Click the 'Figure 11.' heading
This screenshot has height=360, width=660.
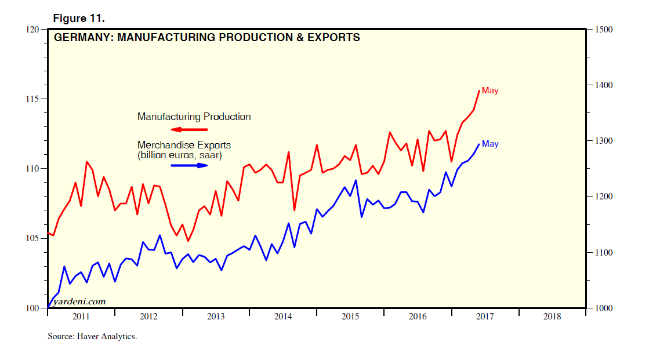click(79, 19)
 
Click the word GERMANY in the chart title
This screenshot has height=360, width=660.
click(79, 38)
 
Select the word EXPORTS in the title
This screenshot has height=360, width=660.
click(335, 38)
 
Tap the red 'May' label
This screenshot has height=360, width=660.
click(490, 90)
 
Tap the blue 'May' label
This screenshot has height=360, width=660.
click(490, 144)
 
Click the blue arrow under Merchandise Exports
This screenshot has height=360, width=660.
click(189, 165)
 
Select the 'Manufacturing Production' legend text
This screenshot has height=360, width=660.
click(194, 117)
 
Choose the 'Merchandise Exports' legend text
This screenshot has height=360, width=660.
click(184, 145)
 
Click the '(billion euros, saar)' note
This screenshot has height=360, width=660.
click(179, 155)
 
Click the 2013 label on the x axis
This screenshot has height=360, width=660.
click(216, 317)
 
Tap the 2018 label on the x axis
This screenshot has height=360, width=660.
click(552, 317)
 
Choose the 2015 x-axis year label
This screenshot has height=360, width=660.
click(350, 317)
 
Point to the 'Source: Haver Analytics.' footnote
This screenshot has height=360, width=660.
click(92, 336)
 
